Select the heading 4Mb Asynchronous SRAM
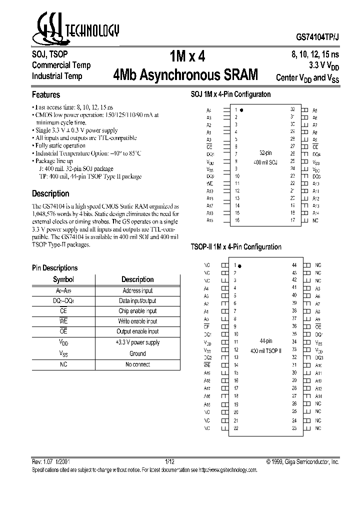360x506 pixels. point(186,75)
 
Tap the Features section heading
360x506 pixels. point(46,94)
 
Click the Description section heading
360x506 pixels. point(50,193)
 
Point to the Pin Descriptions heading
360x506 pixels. point(55,268)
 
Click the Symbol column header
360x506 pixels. point(63,279)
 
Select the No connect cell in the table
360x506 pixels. point(137,364)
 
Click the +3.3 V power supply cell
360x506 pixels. point(137,342)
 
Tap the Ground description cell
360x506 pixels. point(137,353)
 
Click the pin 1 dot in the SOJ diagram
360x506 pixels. point(241,109)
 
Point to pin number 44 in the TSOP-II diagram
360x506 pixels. point(294,265)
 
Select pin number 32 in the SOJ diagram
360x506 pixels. point(292,109)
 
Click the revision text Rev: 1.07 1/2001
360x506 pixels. point(54,462)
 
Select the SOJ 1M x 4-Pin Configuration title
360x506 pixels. point(231,94)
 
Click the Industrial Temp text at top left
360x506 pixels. point(57,76)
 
